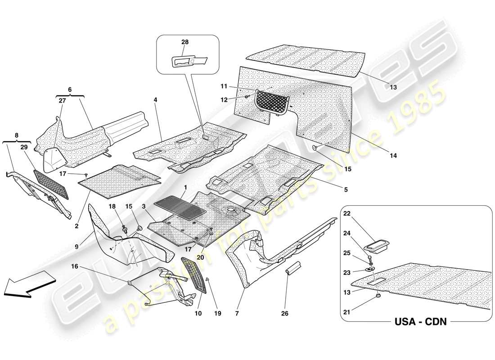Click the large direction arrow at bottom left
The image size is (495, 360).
(28, 284)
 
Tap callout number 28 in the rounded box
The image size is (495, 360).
(185, 42)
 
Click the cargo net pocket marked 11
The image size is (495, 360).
(273, 101)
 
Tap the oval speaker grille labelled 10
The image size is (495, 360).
(193, 274)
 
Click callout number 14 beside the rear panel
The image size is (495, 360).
(393, 156)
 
